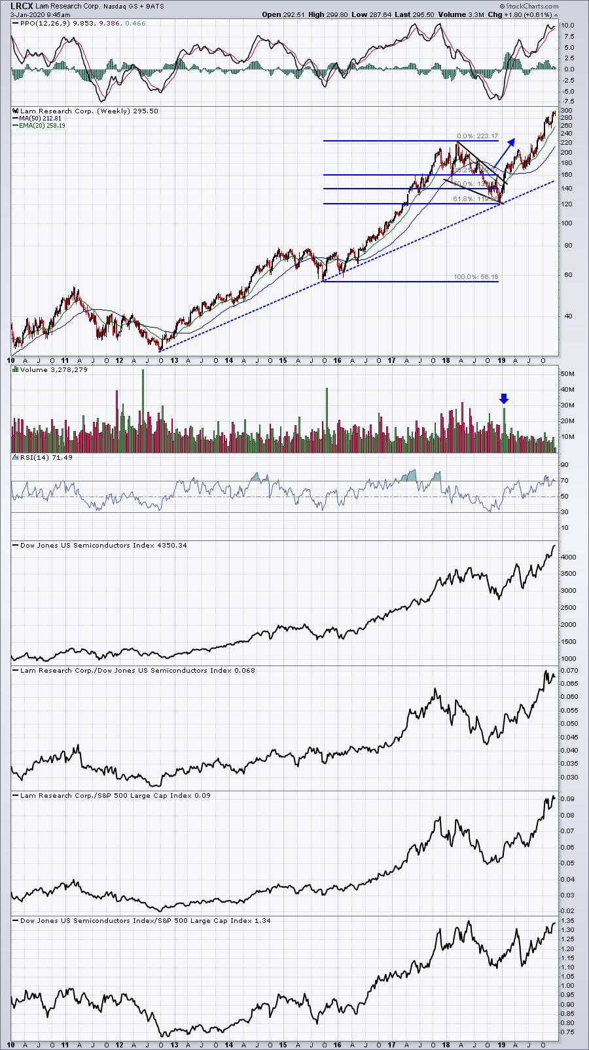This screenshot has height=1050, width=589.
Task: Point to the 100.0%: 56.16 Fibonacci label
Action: pyautogui.click(x=476, y=277)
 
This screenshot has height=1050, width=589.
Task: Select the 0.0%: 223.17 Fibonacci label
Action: pyautogui.click(x=478, y=136)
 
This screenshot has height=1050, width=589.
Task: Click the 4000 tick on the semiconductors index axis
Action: pyautogui.click(x=568, y=557)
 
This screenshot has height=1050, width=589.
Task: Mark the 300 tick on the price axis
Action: pyautogui.click(x=567, y=111)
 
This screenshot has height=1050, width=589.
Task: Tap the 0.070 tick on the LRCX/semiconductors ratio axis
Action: pyautogui.click(x=569, y=671)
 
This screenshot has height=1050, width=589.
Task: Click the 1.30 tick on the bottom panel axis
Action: pyautogui.click(x=567, y=930)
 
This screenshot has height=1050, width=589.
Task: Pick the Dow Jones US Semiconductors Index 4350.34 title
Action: pyautogui.click(x=103, y=545)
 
